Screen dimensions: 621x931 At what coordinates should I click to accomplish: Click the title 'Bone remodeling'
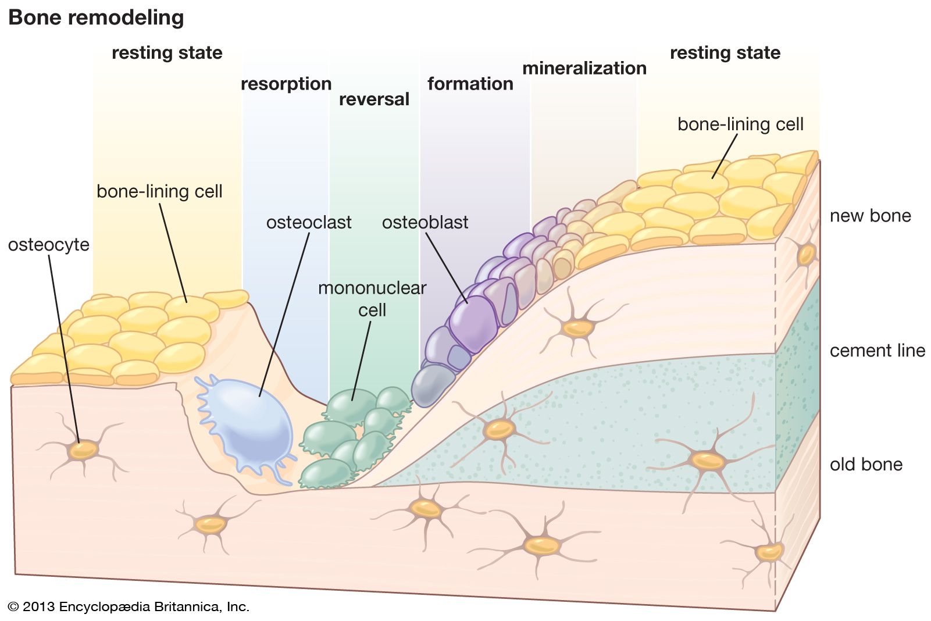(96, 17)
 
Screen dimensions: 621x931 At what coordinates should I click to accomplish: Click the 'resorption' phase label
(286, 84)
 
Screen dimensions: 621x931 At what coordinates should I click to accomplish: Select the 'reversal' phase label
(374, 99)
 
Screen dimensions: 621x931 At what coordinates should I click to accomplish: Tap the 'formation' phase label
(470, 84)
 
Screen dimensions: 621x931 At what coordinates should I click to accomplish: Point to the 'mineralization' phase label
(584, 68)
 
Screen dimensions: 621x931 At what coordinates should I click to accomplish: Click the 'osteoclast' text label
(309, 222)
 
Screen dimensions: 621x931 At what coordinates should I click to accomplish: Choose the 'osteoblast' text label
(425, 222)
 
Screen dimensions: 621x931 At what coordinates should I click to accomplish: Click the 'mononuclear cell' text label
(372, 299)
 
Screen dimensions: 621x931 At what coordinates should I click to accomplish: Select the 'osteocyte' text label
(49, 245)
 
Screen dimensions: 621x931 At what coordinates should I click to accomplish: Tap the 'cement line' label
(877, 351)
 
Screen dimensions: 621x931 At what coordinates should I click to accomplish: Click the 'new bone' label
(870, 216)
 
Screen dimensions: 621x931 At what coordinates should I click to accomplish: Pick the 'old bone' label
(866, 464)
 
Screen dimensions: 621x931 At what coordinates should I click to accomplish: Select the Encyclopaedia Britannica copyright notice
(129, 606)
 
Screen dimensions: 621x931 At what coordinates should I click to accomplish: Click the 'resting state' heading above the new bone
(725, 53)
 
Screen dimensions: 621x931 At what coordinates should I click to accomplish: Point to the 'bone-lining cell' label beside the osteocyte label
(159, 191)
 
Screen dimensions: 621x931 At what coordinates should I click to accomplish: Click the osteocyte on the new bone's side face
(806, 254)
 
